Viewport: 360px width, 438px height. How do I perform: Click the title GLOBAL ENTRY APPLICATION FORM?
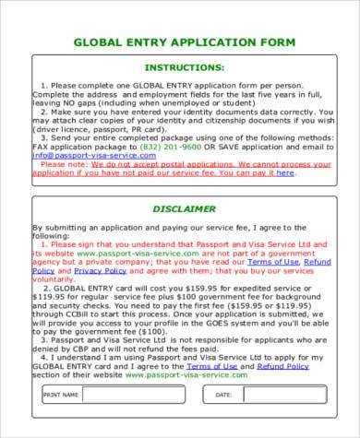coord(184,42)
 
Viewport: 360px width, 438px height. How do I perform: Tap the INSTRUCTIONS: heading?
coord(185,68)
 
